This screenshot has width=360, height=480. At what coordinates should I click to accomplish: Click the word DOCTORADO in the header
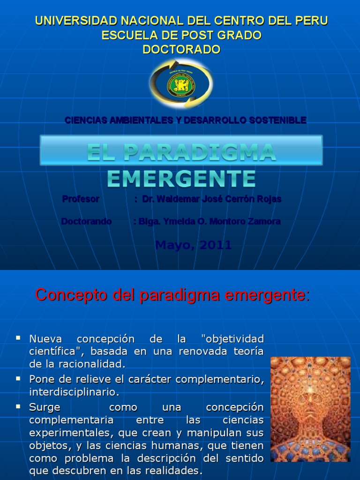181,50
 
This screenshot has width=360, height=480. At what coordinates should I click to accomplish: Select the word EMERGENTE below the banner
181,179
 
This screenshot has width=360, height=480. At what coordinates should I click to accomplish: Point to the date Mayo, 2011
193,245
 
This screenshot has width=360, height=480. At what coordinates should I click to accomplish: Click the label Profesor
81,199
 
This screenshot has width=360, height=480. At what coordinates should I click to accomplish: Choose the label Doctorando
86,221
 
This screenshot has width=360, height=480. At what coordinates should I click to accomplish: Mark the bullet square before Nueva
18,337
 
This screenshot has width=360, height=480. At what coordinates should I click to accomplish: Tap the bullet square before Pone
18,377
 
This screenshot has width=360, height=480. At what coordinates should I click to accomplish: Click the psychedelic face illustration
310,409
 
